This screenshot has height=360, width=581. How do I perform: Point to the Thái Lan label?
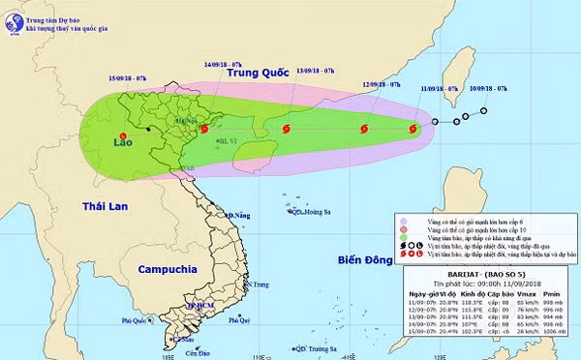coord(106,208)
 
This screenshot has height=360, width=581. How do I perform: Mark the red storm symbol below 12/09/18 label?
coord(364,128)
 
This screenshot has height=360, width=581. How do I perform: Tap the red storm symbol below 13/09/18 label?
coord(286,129)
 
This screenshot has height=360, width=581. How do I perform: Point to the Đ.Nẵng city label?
coord(237,214)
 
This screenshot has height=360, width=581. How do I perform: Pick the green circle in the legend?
coord(402,236)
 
